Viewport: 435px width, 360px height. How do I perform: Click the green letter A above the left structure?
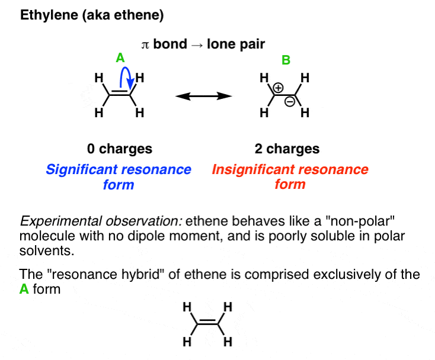pos(120,58)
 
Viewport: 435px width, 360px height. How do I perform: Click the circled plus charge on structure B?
pos(280,88)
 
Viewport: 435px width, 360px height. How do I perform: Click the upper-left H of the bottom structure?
pos(186,307)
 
